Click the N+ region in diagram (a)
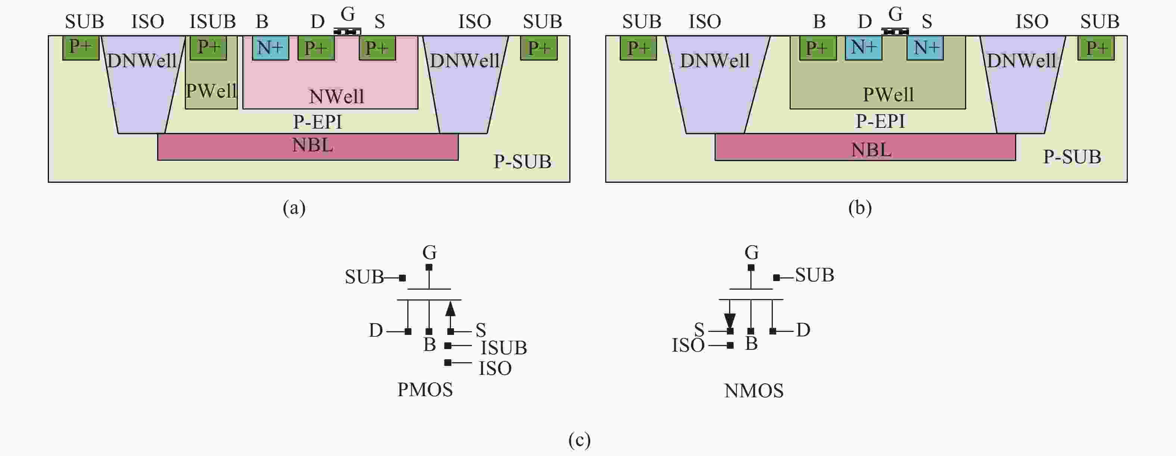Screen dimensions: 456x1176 coord(270,48)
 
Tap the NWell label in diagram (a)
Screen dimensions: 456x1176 coord(336,96)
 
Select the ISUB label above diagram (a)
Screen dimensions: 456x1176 coord(213,21)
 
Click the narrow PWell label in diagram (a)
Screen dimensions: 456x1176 coord(211,91)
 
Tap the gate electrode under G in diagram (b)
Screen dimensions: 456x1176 coord(895,31)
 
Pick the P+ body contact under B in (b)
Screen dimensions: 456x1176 coord(818,48)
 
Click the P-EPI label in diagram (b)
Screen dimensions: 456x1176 coord(880,121)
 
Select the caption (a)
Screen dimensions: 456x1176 coord(294,208)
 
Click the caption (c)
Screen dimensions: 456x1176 coord(579,440)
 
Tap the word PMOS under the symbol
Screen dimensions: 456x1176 coord(425,390)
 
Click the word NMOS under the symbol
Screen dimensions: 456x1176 coord(754,391)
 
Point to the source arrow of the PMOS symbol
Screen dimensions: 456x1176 coord(451,309)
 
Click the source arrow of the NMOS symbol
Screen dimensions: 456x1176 coord(729,320)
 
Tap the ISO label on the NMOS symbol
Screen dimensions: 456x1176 coord(688,345)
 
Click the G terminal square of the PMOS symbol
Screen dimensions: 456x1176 coord(429,267)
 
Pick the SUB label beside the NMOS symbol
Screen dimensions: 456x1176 coord(815,275)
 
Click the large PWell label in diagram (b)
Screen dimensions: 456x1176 coord(888,95)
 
